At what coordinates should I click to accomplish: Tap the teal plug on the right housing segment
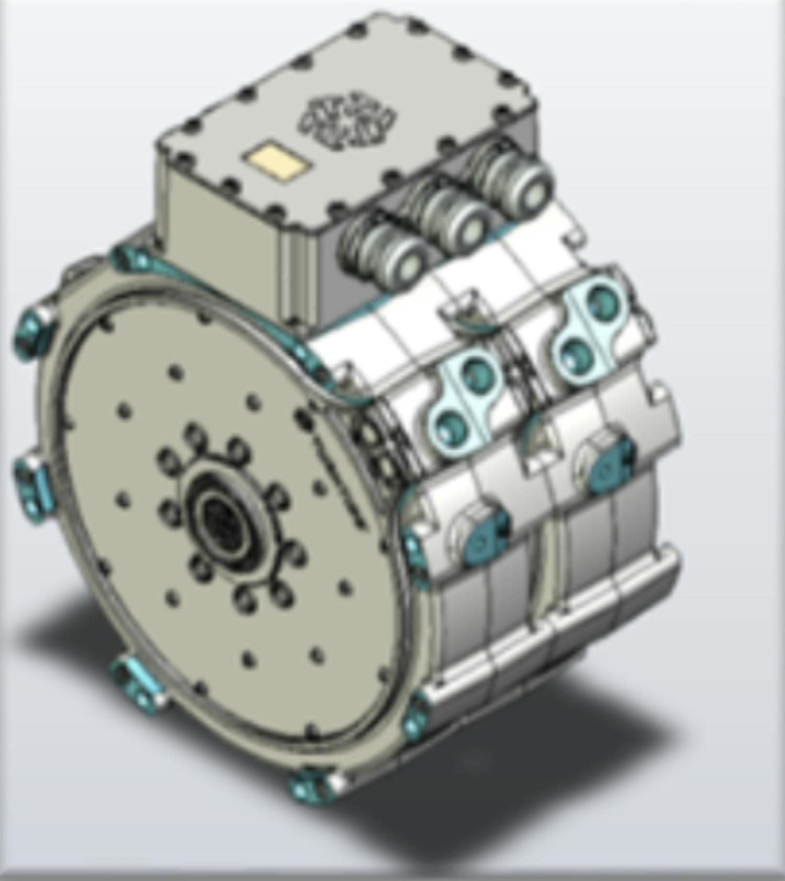coord(610,466)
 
